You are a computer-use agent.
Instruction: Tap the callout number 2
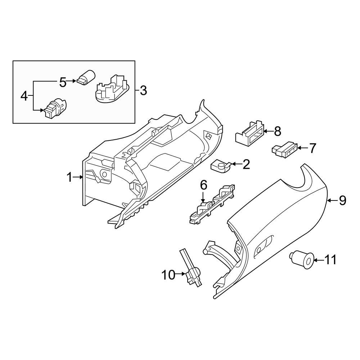(x=246, y=165)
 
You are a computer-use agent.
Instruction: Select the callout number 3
(x=143, y=90)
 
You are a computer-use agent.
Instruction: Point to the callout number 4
(x=24, y=96)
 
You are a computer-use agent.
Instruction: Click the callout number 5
(x=63, y=82)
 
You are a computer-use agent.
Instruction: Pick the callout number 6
(x=203, y=185)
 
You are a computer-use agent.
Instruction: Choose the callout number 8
(x=277, y=131)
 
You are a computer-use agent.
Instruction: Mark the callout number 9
(x=342, y=200)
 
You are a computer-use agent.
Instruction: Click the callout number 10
(x=168, y=275)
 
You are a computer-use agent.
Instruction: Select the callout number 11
(x=330, y=259)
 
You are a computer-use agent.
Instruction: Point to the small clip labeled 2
(x=219, y=166)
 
